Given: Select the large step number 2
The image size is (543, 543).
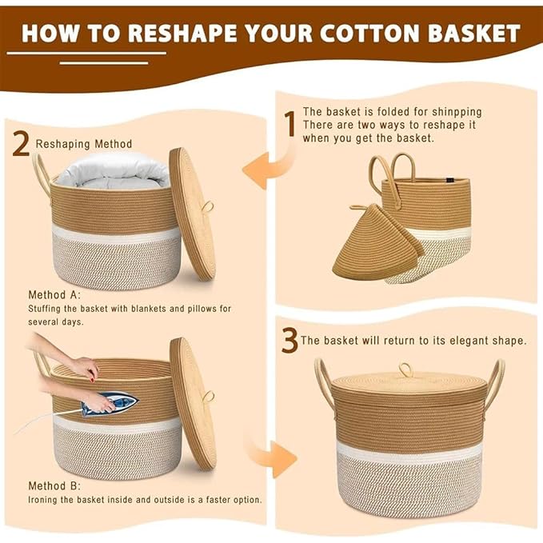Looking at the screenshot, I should [22, 144].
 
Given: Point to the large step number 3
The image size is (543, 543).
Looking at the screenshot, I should [289, 341].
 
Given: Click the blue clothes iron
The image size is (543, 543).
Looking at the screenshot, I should [110, 401].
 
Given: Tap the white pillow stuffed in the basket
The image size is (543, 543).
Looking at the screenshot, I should [108, 170].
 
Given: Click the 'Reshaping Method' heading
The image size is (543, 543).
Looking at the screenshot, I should [84, 144].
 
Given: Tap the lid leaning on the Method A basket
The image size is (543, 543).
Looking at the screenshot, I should [192, 214].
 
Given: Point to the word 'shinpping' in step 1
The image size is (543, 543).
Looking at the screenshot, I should [453, 112].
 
